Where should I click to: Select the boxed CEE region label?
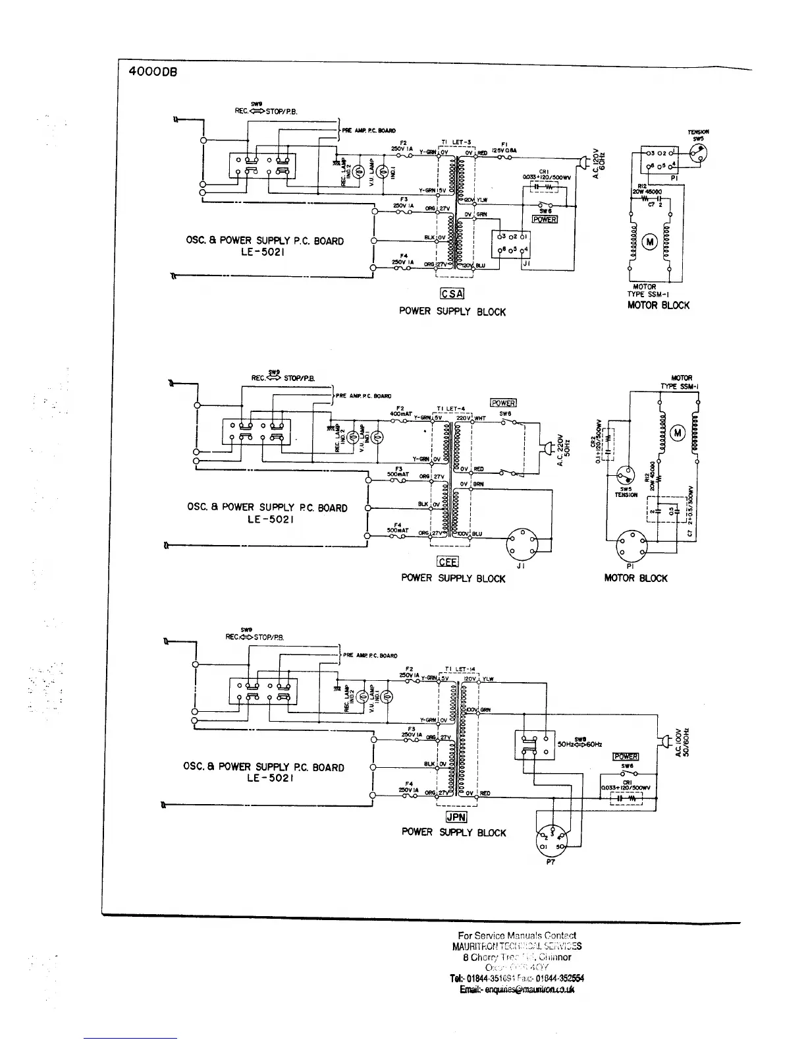pos(448,562)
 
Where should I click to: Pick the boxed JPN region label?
pos(456,817)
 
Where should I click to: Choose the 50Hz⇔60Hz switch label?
pos(579,744)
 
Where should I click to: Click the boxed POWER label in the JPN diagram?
pos(626,757)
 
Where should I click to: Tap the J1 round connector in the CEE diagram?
pos(523,543)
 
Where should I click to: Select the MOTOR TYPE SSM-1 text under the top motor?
pos(644,291)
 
